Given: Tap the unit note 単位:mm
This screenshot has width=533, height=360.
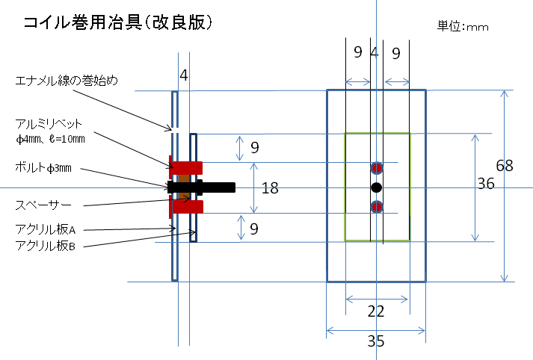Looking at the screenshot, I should [463, 27].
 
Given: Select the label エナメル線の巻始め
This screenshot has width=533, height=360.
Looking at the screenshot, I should [67, 79].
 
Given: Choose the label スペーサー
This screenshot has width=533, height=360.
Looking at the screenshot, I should [43, 203].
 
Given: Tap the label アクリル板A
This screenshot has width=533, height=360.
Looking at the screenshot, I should [46, 229].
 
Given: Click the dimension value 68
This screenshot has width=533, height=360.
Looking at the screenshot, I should [505, 166].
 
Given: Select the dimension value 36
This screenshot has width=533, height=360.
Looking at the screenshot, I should [486, 183].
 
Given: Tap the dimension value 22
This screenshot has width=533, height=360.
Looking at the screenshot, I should [376, 313].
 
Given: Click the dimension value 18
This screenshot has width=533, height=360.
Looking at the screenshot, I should [270, 187].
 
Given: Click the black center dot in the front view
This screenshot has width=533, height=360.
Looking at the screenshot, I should [377, 186].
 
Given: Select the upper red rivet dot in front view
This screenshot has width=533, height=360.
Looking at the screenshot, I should [377, 167].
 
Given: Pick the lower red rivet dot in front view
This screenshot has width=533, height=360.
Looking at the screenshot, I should [377, 206].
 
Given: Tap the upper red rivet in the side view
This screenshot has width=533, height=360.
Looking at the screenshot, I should [187, 166].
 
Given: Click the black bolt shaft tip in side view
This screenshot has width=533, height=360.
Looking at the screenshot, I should [231, 187].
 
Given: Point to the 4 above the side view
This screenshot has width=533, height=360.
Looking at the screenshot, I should [184, 75].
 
